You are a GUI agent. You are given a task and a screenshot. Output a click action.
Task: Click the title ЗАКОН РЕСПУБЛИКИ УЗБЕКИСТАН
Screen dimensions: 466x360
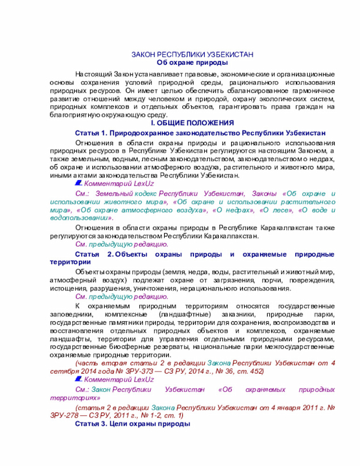pos(192,55)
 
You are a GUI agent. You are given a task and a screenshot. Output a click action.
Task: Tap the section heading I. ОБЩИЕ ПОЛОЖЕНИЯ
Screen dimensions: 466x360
pos(192,123)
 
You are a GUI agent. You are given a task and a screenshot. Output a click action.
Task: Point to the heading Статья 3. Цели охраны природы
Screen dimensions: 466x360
pos(133,424)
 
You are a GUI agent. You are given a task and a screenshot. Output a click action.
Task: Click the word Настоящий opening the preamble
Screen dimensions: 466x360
pos(94,74)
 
